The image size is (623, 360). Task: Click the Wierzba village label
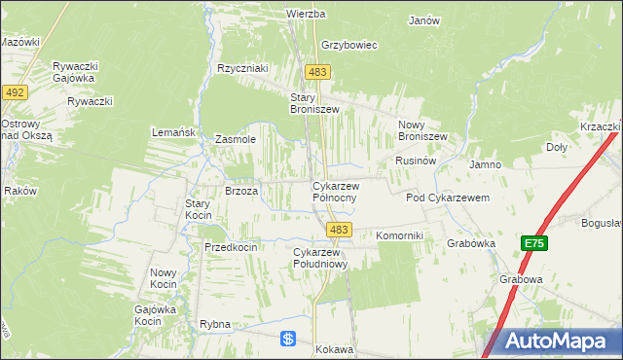pyautogui.click(x=305, y=15)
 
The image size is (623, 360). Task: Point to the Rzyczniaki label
pyautogui.click(x=242, y=68)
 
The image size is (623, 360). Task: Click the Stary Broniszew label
pyautogui.click(x=314, y=103)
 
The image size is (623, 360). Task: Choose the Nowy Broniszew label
pyautogui.click(x=422, y=130)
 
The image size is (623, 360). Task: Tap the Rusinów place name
pyautogui.click(x=414, y=160)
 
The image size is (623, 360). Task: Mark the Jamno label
pyautogui.click(x=485, y=164)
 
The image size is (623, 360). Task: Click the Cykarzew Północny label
pyautogui.click(x=335, y=191)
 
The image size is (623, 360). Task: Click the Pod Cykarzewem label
pyautogui.click(x=447, y=198)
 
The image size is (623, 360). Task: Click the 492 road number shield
pyautogui.click(x=15, y=91)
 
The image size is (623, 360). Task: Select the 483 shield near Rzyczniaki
pyautogui.click(x=317, y=72)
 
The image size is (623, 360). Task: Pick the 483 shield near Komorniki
pyautogui.click(x=339, y=230)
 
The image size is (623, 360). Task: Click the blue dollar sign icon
pyautogui.click(x=288, y=339)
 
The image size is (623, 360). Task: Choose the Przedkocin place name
pyautogui.click(x=231, y=247)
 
